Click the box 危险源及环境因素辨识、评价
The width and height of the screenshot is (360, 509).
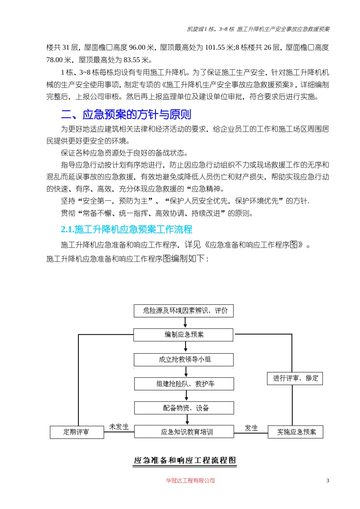pos(184,311)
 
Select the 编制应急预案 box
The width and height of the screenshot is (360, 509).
pos(184,335)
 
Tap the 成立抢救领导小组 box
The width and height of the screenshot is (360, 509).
pos(184,359)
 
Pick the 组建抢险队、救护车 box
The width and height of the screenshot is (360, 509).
pos(184,384)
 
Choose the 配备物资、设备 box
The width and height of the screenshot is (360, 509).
pos(184,408)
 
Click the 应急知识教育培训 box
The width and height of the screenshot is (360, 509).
pos(184,432)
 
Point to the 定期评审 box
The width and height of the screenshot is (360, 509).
pos(77,432)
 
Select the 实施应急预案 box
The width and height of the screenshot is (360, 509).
pos(296,432)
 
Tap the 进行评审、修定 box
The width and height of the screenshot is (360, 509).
pos(295,378)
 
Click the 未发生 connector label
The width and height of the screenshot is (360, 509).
pos(119,427)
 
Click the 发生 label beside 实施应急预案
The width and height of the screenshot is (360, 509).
pos(251,428)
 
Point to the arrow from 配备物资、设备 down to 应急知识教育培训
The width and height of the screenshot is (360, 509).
pos(187,420)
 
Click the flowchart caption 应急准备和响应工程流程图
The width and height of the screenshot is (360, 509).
pos(185,461)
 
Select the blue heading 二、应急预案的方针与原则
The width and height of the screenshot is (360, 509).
pos(126,114)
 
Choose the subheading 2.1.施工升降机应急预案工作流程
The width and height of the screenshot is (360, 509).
pos(127,230)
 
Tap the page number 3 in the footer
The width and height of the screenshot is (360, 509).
pos(328,481)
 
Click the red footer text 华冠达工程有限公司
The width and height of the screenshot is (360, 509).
pos(190,481)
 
